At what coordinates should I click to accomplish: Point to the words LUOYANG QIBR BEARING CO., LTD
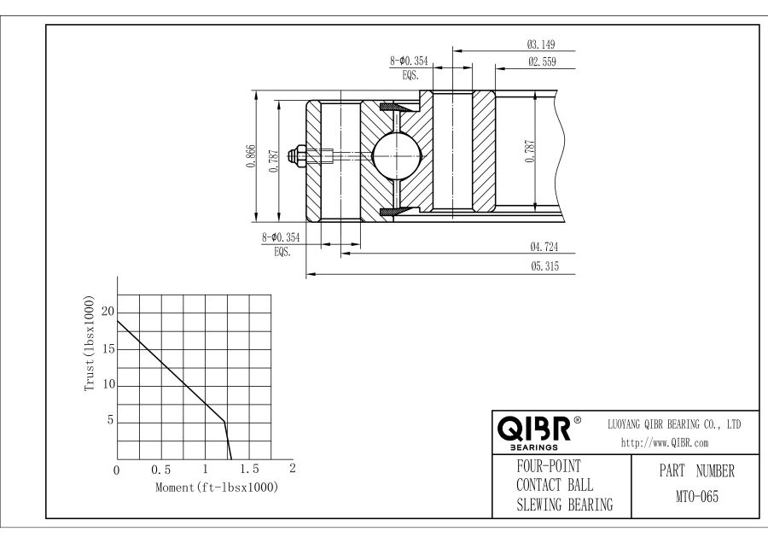(673, 424)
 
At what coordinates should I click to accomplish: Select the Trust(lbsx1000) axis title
(90, 344)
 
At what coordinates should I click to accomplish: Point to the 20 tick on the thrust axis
(107, 312)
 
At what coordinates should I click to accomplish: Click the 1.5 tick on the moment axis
(248, 470)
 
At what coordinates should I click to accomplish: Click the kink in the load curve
(224, 421)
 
